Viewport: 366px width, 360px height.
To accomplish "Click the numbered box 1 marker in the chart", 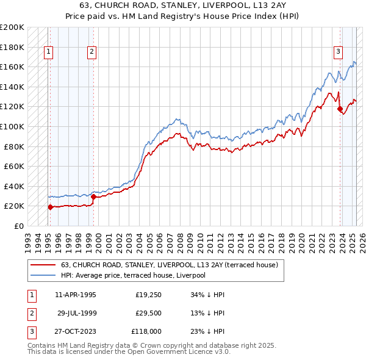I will (x=48, y=52).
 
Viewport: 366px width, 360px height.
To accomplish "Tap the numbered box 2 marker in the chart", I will (x=91, y=52).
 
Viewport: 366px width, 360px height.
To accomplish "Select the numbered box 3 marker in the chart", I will (x=337, y=52).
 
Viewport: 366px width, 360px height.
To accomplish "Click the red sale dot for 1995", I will (x=50, y=207).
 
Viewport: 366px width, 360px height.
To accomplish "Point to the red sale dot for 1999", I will (x=93, y=196).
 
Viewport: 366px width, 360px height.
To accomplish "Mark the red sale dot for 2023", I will (x=340, y=109).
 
